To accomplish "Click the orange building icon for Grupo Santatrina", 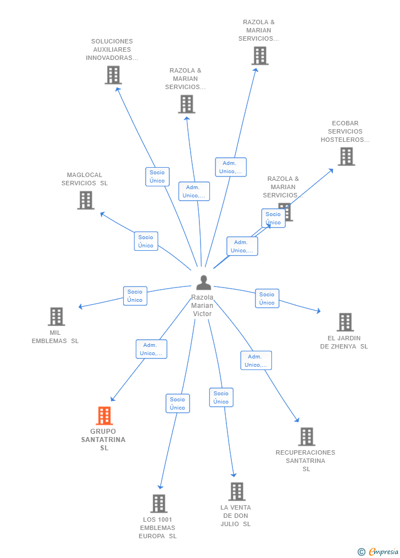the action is point(104,416).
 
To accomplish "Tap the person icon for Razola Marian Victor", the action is point(204,283).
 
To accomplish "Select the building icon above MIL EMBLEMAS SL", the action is point(57,316).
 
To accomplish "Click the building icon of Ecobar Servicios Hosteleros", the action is point(347,157).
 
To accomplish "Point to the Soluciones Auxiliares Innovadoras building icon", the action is point(113,75).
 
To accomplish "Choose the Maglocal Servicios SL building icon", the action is point(86,200).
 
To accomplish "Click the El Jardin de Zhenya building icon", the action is point(345,322).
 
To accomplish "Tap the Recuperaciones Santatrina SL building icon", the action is point(307,437).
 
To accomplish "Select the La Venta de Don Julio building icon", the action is point(237,491).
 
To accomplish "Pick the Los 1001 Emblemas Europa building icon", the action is point(159,504).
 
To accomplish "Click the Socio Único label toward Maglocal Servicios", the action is point(146,241).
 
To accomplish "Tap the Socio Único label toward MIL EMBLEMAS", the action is point(135,296).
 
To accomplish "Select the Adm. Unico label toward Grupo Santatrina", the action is point(151,349).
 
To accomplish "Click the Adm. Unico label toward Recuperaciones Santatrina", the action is point(256,361).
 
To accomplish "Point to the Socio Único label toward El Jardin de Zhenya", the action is point(267,299).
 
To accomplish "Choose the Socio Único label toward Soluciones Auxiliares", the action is point(157,176).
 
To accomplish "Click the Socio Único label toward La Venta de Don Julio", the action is point(221,397).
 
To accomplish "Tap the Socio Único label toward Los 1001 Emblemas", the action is point(178,404).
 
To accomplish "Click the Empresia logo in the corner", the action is point(379,551).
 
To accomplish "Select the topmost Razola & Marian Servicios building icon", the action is point(260,56).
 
